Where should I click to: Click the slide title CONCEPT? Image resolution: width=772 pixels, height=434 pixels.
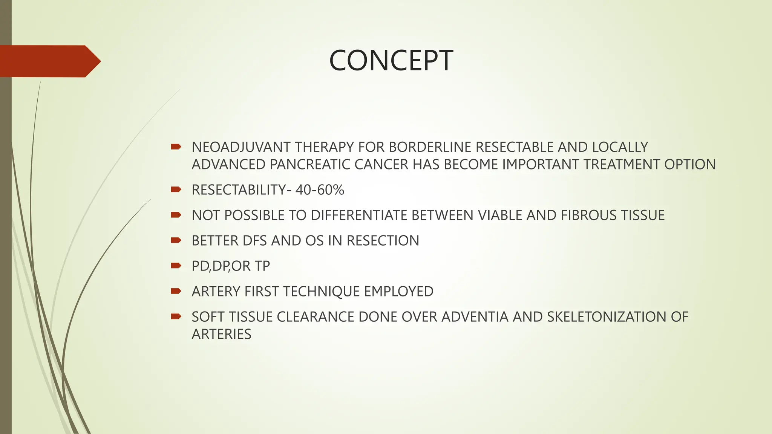coord(391,61)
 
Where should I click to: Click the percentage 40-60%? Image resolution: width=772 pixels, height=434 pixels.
coord(320,190)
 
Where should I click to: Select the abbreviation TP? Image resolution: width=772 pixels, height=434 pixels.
coord(262,266)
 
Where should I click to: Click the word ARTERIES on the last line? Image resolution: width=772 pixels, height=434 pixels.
coord(221,334)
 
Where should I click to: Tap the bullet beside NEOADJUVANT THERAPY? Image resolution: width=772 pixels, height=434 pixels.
coord(176,147)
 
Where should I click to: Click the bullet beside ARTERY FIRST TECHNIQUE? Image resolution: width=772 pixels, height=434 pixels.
coord(176,291)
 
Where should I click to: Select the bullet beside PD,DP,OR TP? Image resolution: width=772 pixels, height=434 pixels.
coord(176,266)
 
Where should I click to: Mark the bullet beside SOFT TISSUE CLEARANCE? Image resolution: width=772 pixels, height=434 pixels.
coord(176,316)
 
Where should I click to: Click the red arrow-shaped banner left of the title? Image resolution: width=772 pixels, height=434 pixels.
coord(49,61)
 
